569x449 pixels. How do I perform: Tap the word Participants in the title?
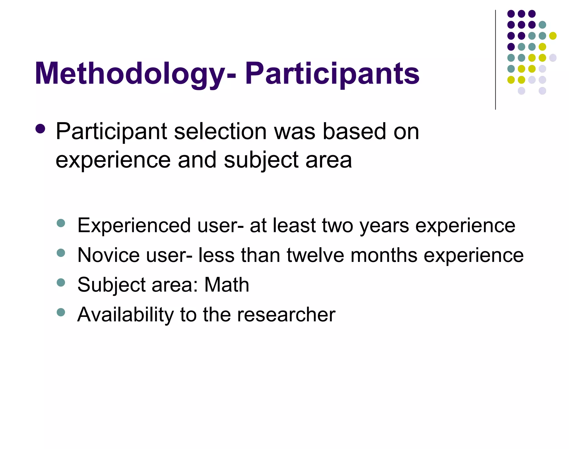pyautogui.click(x=332, y=74)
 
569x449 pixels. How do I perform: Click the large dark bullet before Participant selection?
pyautogui.click(x=41, y=129)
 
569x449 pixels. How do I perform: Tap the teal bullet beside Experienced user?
pyautogui.click(x=61, y=223)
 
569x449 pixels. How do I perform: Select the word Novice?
pyautogui.click(x=108, y=255)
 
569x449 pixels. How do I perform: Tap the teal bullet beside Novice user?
pyautogui.click(x=61, y=253)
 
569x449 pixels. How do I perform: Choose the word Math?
pyautogui.click(x=227, y=285)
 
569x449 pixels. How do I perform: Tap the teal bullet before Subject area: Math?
pyautogui.click(x=61, y=282)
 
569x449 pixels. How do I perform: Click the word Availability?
pyautogui.click(x=125, y=315)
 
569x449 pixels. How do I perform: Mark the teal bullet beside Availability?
pyautogui.click(x=61, y=312)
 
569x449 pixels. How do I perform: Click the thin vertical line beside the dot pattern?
pyautogui.click(x=495, y=60)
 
